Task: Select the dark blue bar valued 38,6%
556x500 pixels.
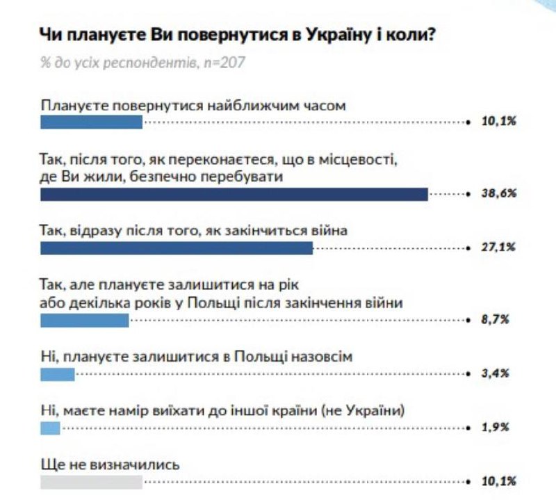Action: point(234,194)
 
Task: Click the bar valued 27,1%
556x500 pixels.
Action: point(177,248)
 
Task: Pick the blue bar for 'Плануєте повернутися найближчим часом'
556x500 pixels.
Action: point(91,122)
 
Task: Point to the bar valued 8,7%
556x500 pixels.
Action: point(85,321)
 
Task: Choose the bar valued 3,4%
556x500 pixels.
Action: point(58,374)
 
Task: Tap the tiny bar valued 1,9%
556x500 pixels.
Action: point(51,428)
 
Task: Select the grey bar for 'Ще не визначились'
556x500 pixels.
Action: point(91,481)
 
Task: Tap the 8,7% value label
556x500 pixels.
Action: point(496,321)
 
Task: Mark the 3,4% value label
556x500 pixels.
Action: point(496,374)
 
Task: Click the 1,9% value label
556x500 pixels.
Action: point(496,428)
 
